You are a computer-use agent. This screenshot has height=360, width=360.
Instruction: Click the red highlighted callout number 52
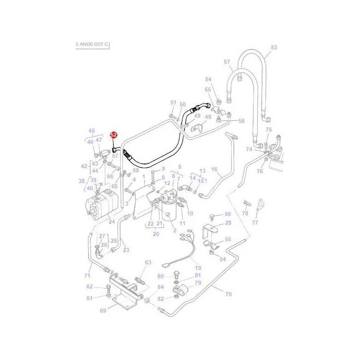tap(114, 135)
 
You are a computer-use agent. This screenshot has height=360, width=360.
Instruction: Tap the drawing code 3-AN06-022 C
tap(92, 44)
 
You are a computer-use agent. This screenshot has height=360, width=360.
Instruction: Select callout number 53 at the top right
tap(274, 47)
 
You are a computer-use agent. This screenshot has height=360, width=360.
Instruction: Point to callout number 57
tap(227, 62)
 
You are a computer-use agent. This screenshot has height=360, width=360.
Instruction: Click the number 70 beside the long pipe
tap(228, 294)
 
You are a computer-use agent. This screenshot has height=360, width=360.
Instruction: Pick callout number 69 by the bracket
tap(103, 311)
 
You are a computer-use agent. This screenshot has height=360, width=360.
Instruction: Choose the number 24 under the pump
tap(112, 222)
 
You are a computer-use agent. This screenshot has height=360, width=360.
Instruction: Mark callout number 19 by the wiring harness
tap(198, 268)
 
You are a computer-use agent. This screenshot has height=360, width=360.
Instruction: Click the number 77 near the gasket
tap(255, 223)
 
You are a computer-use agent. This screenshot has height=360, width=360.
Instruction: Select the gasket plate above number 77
tap(260, 204)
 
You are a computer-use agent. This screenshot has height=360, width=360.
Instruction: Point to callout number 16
tap(214, 169)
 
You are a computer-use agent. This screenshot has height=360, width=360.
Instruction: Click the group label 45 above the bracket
tap(92, 131)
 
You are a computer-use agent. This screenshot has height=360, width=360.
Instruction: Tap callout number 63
tap(148, 262)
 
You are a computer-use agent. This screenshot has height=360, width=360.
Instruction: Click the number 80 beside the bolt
tap(160, 276)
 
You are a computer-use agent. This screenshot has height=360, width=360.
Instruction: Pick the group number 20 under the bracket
tap(156, 234)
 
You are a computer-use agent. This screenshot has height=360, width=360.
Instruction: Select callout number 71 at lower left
tap(87, 276)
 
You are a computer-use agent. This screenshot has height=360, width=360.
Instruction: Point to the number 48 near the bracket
tap(208, 117)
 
